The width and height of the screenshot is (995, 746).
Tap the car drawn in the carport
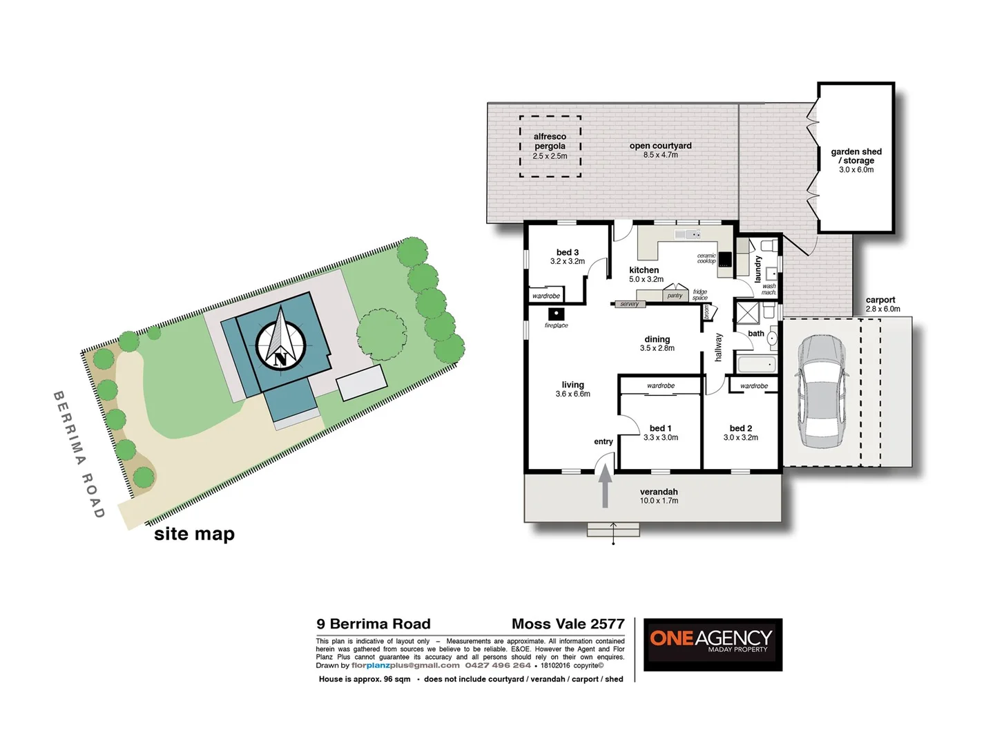821,392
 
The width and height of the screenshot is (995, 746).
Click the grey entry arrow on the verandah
605,486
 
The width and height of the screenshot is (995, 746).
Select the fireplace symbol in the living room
556,315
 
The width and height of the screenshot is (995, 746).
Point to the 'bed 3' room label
568,253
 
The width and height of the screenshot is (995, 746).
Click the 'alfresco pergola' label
550,142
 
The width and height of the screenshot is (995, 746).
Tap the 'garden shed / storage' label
856,156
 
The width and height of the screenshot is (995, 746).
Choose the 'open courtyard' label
660,146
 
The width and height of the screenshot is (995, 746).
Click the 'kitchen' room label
644,270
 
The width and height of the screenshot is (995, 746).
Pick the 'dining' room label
657,339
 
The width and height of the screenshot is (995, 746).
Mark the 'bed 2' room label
740,428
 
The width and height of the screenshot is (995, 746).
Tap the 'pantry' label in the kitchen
675,296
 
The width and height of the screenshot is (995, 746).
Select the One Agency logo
713,644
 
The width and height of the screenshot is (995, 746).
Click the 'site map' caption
194,534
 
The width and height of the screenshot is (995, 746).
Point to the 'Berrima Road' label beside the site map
79,455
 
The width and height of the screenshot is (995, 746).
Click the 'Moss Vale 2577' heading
568,624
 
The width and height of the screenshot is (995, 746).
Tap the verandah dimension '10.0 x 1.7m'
659,501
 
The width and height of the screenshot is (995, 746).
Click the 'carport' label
880,300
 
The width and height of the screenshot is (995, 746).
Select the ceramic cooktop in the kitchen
724,259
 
